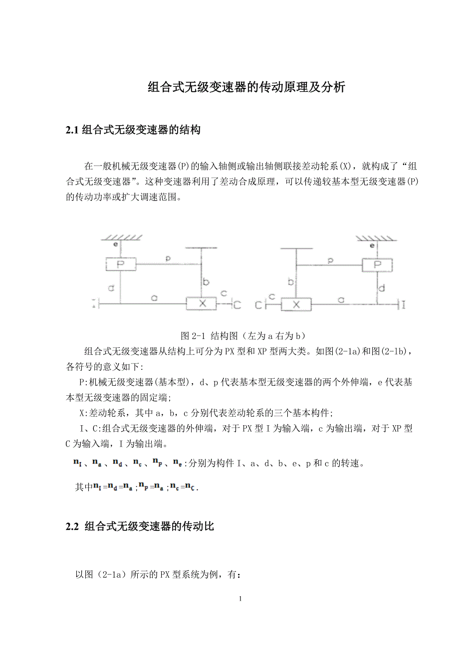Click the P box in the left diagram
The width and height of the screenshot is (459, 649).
[120, 264]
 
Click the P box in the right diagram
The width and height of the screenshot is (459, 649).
[377, 264]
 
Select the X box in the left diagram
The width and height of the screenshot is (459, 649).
[201, 303]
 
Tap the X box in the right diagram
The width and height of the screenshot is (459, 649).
[296, 304]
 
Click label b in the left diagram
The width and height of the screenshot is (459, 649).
[206, 283]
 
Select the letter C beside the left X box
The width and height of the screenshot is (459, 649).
[236, 305]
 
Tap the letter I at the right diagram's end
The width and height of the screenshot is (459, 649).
[403, 305]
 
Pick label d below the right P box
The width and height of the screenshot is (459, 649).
[382, 288]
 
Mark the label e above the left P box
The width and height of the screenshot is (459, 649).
[115, 245]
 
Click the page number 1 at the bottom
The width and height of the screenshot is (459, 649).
[240, 598]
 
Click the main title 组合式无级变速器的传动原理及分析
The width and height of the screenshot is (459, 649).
[246, 88]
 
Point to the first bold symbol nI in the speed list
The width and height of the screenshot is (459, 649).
[77, 463]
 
